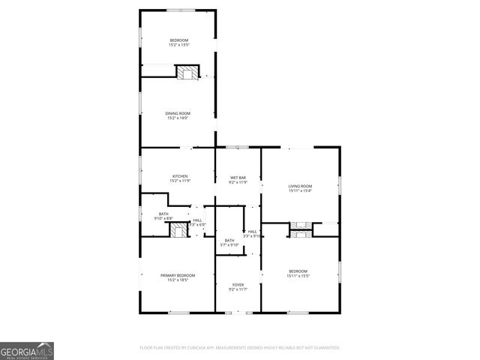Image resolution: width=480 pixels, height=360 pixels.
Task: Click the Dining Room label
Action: click(x=178, y=113)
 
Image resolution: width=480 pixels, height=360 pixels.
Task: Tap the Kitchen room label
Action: click(x=178, y=176)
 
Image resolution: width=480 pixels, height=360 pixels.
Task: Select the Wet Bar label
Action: click(x=238, y=177)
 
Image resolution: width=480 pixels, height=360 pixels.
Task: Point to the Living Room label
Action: click(x=300, y=186)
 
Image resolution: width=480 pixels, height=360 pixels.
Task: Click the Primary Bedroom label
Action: click(x=178, y=275)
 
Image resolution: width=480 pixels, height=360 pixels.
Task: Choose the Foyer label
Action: click(x=238, y=285)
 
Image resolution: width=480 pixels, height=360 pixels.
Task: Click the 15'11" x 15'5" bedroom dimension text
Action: click(x=298, y=275)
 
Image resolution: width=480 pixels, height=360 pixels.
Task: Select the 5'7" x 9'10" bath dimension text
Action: click(x=229, y=245)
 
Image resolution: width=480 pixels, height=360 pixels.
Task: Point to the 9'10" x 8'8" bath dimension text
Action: click(x=163, y=218)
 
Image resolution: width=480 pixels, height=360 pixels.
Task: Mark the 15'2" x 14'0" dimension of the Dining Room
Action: click(x=178, y=118)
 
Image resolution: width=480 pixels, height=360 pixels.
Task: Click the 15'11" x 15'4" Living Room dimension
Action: click(x=300, y=190)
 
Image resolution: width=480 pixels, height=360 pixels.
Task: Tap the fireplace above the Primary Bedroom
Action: click(x=177, y=230)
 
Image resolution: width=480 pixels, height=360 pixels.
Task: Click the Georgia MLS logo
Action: click(x=27, y=351)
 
